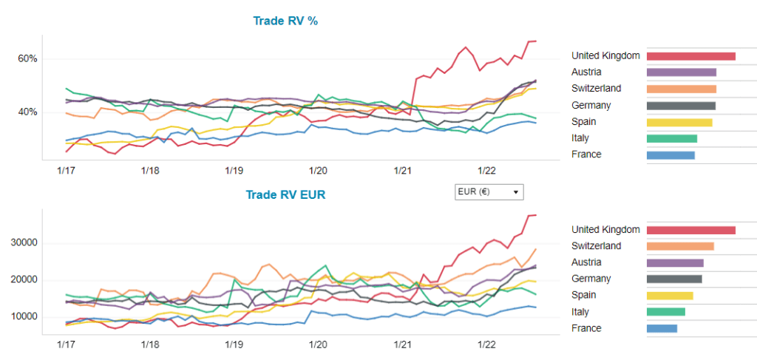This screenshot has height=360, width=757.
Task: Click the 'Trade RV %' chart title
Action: [285, 21]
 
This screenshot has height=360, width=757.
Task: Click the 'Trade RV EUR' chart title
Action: [285, 195]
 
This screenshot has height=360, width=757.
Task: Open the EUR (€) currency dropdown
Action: [489, 192]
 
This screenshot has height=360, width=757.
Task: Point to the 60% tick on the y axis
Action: [27, 59]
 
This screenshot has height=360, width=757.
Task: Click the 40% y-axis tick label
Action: [27, 112]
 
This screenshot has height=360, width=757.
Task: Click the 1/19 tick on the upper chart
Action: [234, 171]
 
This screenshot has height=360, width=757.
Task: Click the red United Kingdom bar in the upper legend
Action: [690, 56]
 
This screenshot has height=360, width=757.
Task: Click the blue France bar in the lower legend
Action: [662, 328]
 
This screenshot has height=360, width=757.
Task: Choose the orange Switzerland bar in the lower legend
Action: [680, 246]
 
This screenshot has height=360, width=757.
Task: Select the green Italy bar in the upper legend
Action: [671, 138]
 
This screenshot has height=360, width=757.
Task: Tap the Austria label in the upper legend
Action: [586, 72]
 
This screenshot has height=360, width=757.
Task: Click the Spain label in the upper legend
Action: [583, 122]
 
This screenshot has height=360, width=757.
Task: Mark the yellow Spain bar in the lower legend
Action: [670, 296]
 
